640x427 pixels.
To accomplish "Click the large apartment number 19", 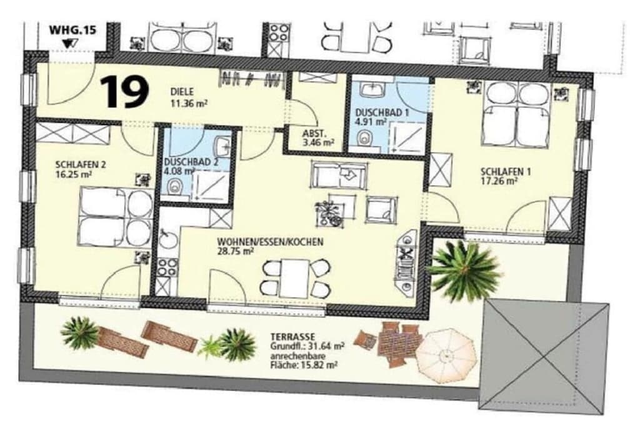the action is (124, 93).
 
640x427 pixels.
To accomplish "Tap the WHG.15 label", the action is (72, 30).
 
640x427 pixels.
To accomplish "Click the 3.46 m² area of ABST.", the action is (318, 143).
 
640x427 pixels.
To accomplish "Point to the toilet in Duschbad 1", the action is (363, 138).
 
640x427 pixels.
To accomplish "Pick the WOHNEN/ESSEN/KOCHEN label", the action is (270, 242).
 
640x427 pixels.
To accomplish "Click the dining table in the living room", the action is (295, 278).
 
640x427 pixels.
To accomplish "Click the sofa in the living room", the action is (339, 174).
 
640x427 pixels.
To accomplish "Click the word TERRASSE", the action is (292, 337).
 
